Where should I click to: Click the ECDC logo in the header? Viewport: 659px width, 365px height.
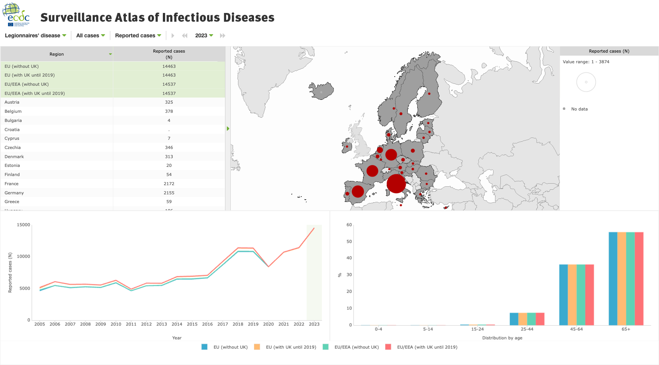[x=16, y=14]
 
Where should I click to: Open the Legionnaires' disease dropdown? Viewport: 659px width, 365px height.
[x=35, y=35]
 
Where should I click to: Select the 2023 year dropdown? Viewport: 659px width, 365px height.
[x=204, y=35]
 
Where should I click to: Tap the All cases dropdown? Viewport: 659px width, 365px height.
[x=90, y=35]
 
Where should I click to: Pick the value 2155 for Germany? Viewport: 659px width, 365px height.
[x=169, y=193]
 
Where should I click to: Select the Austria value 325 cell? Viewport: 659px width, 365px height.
[x=169, y=102]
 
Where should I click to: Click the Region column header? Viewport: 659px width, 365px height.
[x=57, y=54]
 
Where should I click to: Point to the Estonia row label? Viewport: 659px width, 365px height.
[x=12, y=165]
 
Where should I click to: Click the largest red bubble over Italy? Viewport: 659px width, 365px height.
[x=396, y=184]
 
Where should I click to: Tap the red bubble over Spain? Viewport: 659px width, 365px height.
[x=358, y=191]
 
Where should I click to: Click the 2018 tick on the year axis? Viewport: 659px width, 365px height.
[x=238, y=324]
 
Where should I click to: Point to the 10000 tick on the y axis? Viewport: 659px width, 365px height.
[x=23, y=256]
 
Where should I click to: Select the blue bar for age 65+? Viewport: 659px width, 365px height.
[x=613, y=278]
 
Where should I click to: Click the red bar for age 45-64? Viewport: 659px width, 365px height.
[x=590, y=295]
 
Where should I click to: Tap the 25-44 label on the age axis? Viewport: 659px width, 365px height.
[x=527, y=329]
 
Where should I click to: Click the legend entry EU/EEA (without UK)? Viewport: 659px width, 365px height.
[x=356, y=347]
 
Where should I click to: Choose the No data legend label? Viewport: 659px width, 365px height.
[x=579, y=109]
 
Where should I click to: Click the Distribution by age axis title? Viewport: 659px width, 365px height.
[x=502, y=338]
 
